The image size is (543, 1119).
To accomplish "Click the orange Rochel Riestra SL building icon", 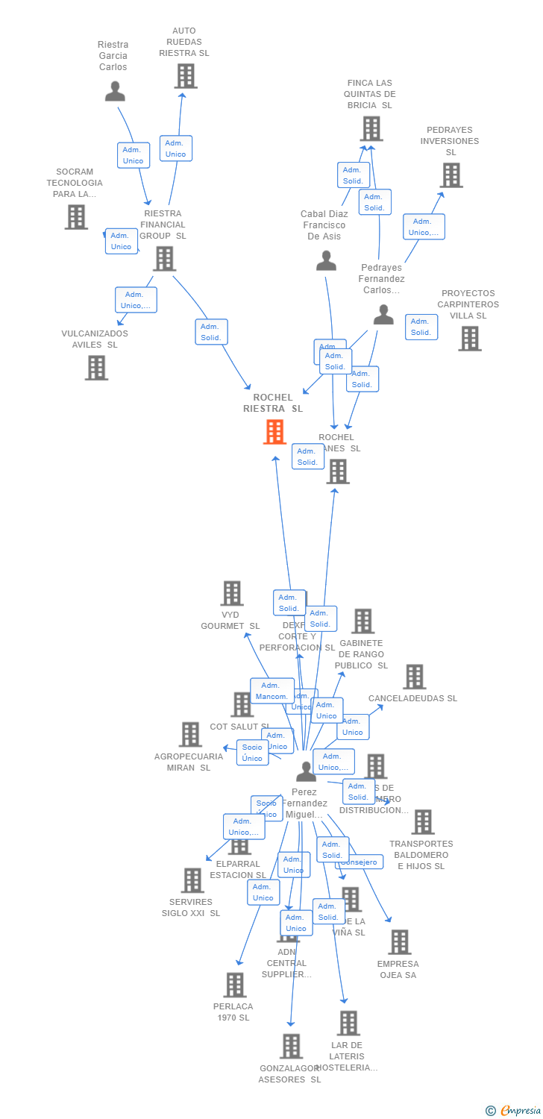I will pos(274,432).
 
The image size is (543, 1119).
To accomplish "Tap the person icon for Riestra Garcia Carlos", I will pos(115,91).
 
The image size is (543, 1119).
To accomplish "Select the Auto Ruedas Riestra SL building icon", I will pos(185,76).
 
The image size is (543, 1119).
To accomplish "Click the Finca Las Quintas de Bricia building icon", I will pos(371,129).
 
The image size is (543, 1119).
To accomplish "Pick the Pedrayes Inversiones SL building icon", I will pos(451,175).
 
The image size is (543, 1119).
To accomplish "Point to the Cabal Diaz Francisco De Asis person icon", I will pos(326,260).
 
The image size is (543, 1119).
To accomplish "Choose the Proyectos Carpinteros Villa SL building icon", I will pos(469,339).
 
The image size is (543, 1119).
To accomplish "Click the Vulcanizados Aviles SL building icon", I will pos(95,368).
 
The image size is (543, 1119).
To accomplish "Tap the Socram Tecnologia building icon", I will pos(75,217).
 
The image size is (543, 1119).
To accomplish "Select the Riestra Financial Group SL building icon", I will pos(164,259).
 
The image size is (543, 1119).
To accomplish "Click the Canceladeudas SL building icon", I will pos(414,677).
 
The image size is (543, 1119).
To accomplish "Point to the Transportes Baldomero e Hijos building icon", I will pos(422,822).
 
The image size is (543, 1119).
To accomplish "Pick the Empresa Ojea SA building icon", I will pos(399,942).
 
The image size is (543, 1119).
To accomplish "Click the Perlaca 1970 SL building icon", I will pos(234,985).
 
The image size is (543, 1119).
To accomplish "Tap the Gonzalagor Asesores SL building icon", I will pos(291,1046).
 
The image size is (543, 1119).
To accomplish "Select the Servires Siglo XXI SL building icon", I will pos(192,880).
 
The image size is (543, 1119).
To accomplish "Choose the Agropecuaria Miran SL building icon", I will pos(189,735).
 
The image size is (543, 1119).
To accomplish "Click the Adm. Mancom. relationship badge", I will pos(271,691).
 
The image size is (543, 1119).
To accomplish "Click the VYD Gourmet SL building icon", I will pos(231,594).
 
